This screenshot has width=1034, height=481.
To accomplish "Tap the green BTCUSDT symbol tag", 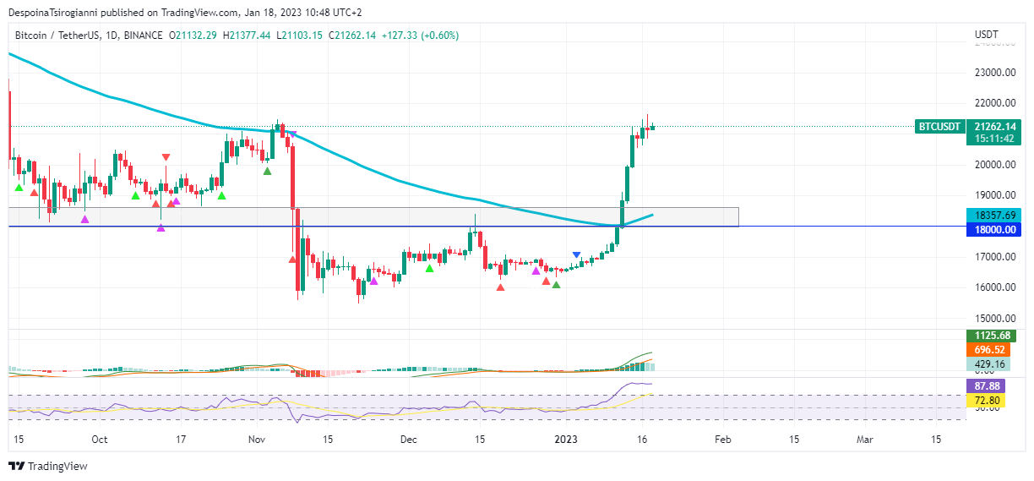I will pos(939,127).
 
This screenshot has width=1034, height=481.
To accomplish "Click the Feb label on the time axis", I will pos(722,440).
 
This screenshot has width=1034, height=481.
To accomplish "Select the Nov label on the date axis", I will pos(258,440).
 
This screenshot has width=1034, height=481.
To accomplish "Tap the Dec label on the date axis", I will pos(409,440).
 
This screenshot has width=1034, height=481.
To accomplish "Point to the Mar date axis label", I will pos(864,440).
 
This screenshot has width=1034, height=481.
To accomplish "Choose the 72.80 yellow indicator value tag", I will pos(988,400).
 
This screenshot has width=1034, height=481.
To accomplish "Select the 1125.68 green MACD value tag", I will pos(988,336).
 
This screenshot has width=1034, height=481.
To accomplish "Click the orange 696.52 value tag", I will pos(988,350).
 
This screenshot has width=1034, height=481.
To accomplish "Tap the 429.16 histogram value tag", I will pos(988,364).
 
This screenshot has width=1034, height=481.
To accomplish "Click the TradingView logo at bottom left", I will pos(48,466).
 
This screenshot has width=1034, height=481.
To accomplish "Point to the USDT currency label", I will pos(986,35).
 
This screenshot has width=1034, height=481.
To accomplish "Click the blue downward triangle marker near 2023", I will pos(576,254).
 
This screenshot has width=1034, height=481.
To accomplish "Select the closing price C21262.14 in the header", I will pos(352,35).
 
